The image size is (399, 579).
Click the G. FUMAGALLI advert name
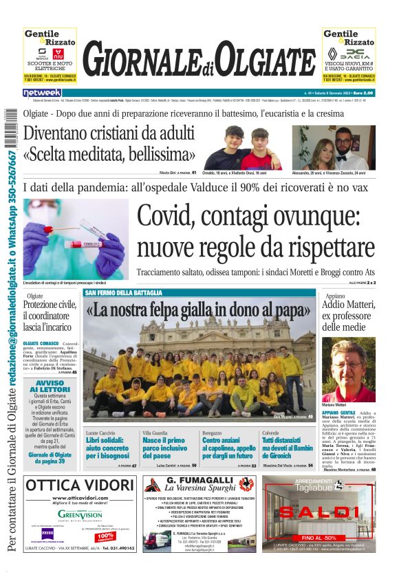200,479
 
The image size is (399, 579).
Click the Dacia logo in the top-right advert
358,53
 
